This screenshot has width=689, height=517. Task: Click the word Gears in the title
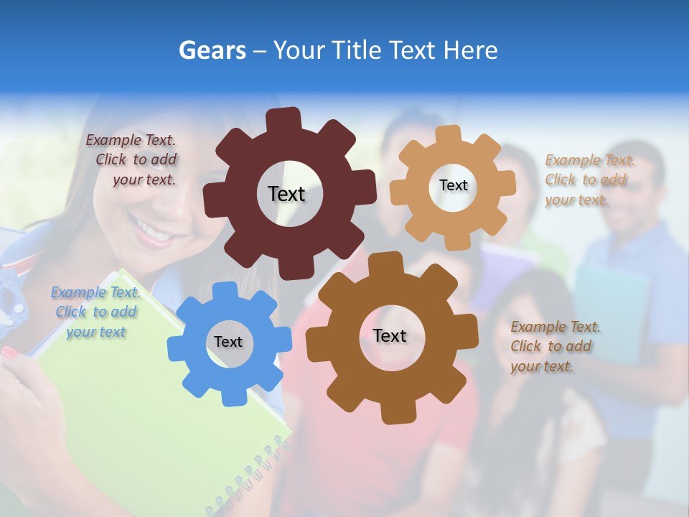tap(212, 50)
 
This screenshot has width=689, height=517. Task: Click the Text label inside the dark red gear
tap(286, 194)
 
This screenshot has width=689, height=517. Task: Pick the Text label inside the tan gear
tap(453, 185)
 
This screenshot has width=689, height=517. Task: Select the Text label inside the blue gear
tap(228, 342)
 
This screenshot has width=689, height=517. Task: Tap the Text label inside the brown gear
tap(390, 335)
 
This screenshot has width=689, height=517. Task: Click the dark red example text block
tap(133, 160)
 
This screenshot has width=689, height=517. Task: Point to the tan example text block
tap(587, 180)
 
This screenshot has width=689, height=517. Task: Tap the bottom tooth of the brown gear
tap(395, 413)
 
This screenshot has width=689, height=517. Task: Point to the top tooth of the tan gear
tap(449, 134)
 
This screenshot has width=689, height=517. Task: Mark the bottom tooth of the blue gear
tap(229, 396)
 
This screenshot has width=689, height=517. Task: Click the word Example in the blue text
tap(78, 292)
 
